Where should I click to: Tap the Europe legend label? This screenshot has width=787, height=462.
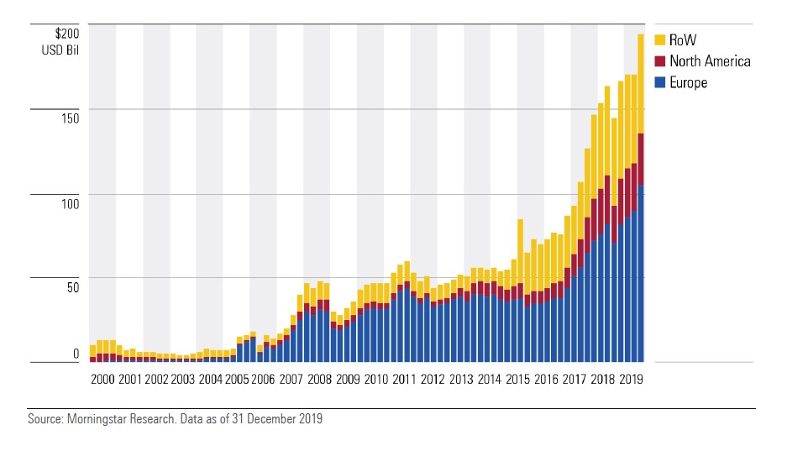[689, 82]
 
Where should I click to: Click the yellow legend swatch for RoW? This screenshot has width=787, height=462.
[660, 39]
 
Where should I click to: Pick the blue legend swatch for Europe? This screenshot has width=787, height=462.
[660, 82]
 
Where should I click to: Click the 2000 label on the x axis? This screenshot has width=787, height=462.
[102, 380]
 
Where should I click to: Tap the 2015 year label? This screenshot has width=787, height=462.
[517, 380]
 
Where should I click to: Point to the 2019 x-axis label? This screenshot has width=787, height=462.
[630, 380]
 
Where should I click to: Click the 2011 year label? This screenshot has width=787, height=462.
[405, 380]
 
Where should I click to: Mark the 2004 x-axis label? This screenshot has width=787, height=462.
[211, 380]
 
